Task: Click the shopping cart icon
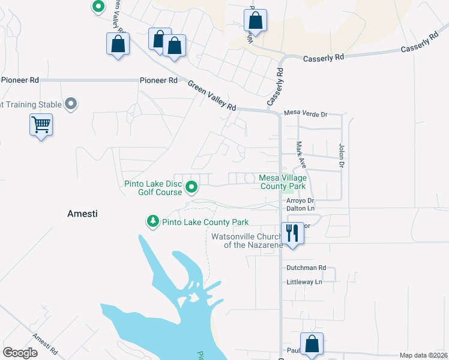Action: coord(41,125)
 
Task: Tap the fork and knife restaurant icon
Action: coord(292,232)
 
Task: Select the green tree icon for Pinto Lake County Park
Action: coord(153,222)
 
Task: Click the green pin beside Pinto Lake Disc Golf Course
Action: coord(191,188)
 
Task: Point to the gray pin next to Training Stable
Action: coord(71,104)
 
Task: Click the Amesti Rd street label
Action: coord(45,344)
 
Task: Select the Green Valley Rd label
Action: coord(212,95)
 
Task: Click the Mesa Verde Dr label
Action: coord(306,113)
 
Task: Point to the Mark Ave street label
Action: coord(301,154)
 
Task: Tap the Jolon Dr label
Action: coord(342,155)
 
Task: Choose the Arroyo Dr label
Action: coord(300,200)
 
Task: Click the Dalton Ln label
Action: coord(300,208)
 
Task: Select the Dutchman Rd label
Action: coord(306,268)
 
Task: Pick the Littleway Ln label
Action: coord(304,282)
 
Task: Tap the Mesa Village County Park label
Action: coord(283,182)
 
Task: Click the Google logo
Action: coord(20,353)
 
